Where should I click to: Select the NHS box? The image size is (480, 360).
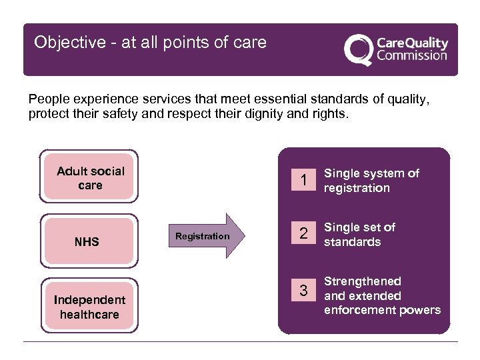click(87, 241)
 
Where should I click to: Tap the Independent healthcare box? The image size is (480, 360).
click(89, 307)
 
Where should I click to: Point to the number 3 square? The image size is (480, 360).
click(303, 291)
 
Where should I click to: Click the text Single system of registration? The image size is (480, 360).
click(371, 181)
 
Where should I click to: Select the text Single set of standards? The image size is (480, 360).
click(359, 235)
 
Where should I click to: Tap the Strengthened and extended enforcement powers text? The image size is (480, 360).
click(382, 295)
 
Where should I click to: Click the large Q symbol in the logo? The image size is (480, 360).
click(357, 50)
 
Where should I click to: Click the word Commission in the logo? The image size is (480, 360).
click(411, 56)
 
